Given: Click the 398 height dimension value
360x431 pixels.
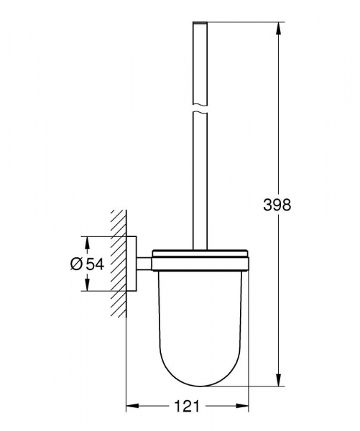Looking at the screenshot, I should (x=277, y=205).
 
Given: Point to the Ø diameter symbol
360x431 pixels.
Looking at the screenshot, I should (x=77, y=264).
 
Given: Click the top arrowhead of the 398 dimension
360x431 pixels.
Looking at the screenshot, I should (x=278, y=27).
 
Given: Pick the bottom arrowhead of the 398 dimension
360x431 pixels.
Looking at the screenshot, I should (x=278, y=381).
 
